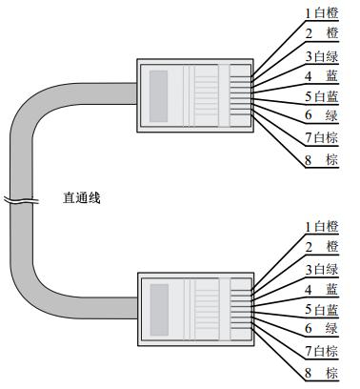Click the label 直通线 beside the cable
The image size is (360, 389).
tap(81, 198)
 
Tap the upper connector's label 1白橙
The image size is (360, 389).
tap(322, 12)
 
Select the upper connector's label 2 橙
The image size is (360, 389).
tap(322, 33)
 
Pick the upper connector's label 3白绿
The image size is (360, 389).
tap(322, 55)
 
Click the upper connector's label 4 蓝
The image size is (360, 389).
tap(322, 75)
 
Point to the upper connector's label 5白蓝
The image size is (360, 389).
tap(322, 96)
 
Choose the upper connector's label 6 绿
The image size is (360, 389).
tap(322, 116)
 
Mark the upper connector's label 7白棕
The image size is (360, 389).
tap(322, 138)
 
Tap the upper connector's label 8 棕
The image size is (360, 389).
tap(322, 159)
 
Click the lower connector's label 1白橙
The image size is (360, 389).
tap(322, 226)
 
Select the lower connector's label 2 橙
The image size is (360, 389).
tap(322, 247)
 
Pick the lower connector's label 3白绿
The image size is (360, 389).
tap(322, 268)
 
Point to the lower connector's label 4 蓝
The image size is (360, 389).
tap(322, 289)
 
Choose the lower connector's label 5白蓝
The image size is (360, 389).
tap(322, 309)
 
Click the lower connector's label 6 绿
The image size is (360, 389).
tap(322, 329)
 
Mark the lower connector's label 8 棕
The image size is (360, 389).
tap(322, 372)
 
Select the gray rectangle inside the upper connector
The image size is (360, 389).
tap(159, 92)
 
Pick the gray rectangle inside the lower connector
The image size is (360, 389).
tap(159, 304)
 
